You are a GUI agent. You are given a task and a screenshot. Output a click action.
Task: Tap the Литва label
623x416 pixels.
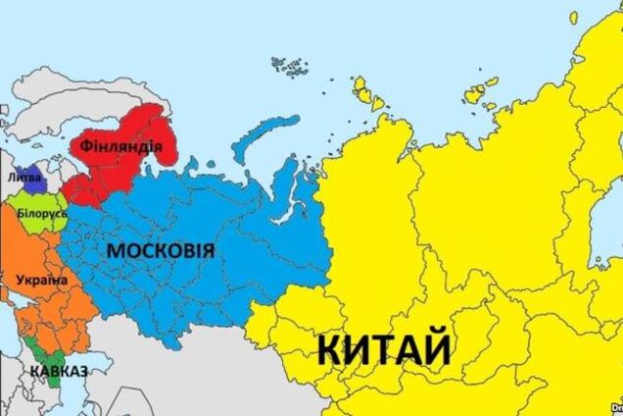[x=24, y=179]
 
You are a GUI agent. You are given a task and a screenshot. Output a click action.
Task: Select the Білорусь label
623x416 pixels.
[x=39, y=213]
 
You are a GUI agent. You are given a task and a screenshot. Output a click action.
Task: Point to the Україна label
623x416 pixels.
[x=40, y=281]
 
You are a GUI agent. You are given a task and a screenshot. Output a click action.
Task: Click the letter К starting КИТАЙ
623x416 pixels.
[x=330, y=349]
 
